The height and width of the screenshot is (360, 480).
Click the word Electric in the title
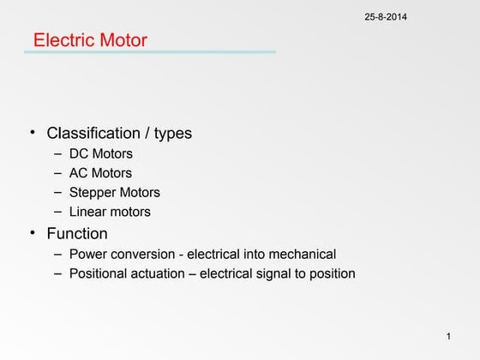[63, 40]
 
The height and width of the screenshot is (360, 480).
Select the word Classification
[93, 134]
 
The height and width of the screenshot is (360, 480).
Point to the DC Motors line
[101, 155]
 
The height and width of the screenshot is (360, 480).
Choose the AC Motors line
[101, 174]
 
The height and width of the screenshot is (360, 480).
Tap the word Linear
[87, 212]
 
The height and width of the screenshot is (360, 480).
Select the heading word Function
[77, 233]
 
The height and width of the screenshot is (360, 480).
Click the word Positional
[101, 274]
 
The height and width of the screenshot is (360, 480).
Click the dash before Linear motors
[57, 211]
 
